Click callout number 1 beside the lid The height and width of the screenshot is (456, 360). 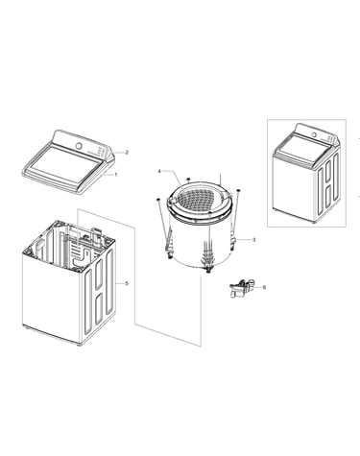click(x=116, y=175)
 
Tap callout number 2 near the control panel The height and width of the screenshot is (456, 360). click(x=127, y=153)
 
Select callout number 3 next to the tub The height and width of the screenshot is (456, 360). click(x=254, y=239)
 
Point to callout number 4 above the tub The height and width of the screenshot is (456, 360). click(x=159, y=171)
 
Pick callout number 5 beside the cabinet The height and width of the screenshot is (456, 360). click(x=127, y=283)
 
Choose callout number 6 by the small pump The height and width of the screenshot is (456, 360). click(x=264, y=287)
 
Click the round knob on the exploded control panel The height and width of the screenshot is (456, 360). click(x=79, y=146)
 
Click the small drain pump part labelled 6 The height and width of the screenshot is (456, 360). click(x=242, y=288)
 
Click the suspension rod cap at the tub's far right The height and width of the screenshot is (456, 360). click(x=238, y=191)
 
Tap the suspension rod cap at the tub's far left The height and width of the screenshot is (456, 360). click(x=157, y=200)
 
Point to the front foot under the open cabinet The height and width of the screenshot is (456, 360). click(x=79, y=345)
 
